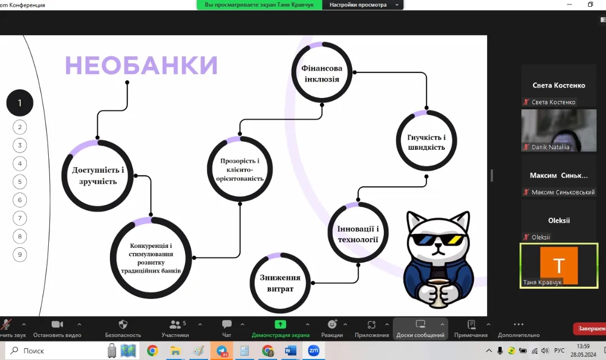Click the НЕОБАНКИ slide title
[141, 65]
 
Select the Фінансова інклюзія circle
[322, 73]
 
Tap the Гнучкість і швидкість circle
[426, 141]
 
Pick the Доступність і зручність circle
[98, 176]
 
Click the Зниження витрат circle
[280, 283]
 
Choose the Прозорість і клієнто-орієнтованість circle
[240, 169]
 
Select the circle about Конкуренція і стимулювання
[151, 257]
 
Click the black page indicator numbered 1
[20, 103]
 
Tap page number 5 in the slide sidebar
[20, 182]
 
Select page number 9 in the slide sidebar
[20, 255]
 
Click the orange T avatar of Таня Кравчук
[559, 265]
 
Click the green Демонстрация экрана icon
[280, 325]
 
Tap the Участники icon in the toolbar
[175, 325]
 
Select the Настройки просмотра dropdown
[362, 4]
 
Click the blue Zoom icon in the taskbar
[314, 350]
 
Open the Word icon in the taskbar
[290, 350]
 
